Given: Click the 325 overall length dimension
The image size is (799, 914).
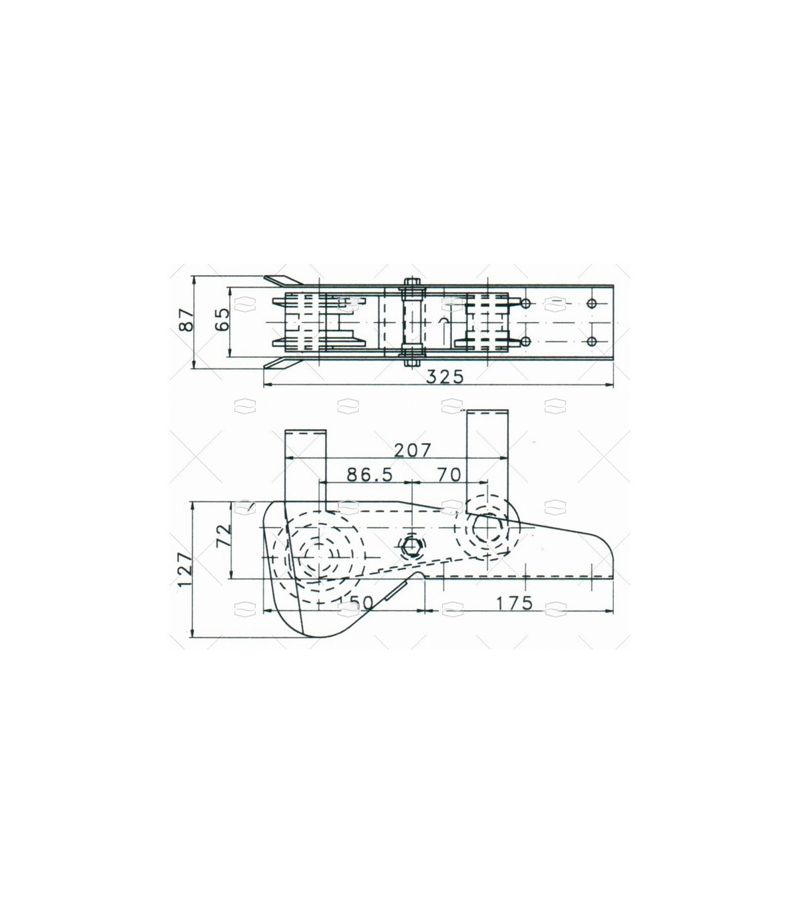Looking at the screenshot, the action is [x=445, y=378].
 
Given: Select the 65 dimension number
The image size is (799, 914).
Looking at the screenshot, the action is [x=222, y=318].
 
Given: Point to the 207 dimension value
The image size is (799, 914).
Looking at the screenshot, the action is [x=413, y=450].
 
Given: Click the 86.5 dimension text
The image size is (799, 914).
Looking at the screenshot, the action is [x=370, y=475].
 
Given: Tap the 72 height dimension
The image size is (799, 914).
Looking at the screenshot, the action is [x=223, y=535].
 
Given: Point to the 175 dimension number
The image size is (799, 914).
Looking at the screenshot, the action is [x=514, y=603].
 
